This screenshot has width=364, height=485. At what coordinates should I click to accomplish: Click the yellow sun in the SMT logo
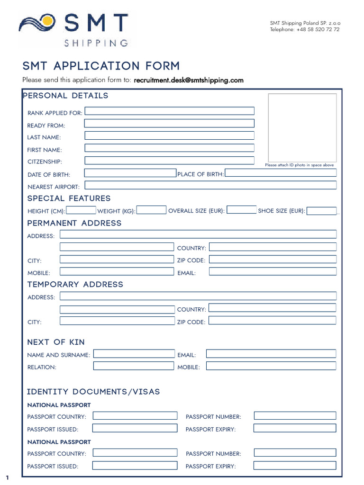tap(47, 21)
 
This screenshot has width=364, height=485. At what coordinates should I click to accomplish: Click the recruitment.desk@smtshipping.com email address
tap(189, 80)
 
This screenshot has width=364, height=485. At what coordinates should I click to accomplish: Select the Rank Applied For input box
tap(169, 111)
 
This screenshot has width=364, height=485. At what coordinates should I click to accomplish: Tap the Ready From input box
tap(169, 123)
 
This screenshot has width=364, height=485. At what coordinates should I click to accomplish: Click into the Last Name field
tap(169, 135)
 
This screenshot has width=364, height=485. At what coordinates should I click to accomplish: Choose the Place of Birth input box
tap(281, 173)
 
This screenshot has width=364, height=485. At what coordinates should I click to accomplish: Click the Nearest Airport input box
tap(210, 185)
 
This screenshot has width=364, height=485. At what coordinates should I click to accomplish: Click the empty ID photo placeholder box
tap(302, 127)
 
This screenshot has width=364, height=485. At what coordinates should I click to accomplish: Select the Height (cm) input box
tap(81, 210)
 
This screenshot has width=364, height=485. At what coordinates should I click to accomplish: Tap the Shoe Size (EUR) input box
tap(322, 211)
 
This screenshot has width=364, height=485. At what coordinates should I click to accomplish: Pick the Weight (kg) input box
tap(152, 210)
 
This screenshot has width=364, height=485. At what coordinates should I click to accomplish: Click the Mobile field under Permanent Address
tap(117, 272)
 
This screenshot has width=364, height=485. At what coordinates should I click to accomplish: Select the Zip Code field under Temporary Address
tap(273, 321)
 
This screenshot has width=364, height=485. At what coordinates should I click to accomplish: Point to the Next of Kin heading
tap(56, 342)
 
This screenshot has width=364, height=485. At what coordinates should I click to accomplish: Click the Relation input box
tap(134, 366)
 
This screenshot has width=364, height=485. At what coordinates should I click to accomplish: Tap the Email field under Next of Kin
tap(271, 353)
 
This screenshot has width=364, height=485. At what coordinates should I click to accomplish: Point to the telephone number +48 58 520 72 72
tap(304, 29)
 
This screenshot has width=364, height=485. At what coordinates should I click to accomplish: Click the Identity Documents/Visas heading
tap(93, 392)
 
